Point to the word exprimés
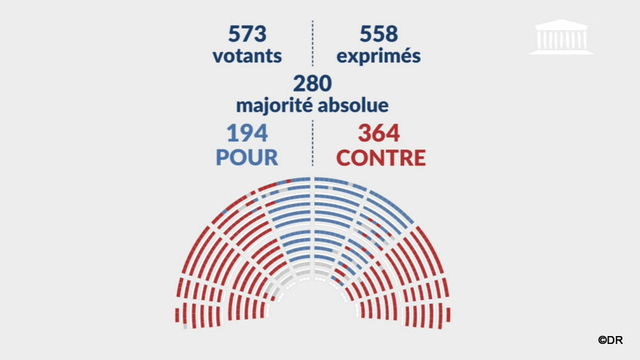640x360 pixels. (379, 57)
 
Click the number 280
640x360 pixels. (312, 83)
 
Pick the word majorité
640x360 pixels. (274, 105)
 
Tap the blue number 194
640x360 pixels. (246, 133)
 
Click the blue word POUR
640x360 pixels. (246, 157)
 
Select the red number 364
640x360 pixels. (379, 133)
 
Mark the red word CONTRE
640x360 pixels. (380, 157)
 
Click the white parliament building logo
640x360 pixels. (561, 37)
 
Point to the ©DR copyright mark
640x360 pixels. (610, 340)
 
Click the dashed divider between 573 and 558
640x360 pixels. (312, 44)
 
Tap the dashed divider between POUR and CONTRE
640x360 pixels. (312, 144)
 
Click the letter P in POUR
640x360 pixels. (222, 157)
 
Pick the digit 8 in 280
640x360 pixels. (312, 83)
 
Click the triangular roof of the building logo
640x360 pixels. (561, 24)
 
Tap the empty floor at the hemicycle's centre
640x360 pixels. (312, 312)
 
